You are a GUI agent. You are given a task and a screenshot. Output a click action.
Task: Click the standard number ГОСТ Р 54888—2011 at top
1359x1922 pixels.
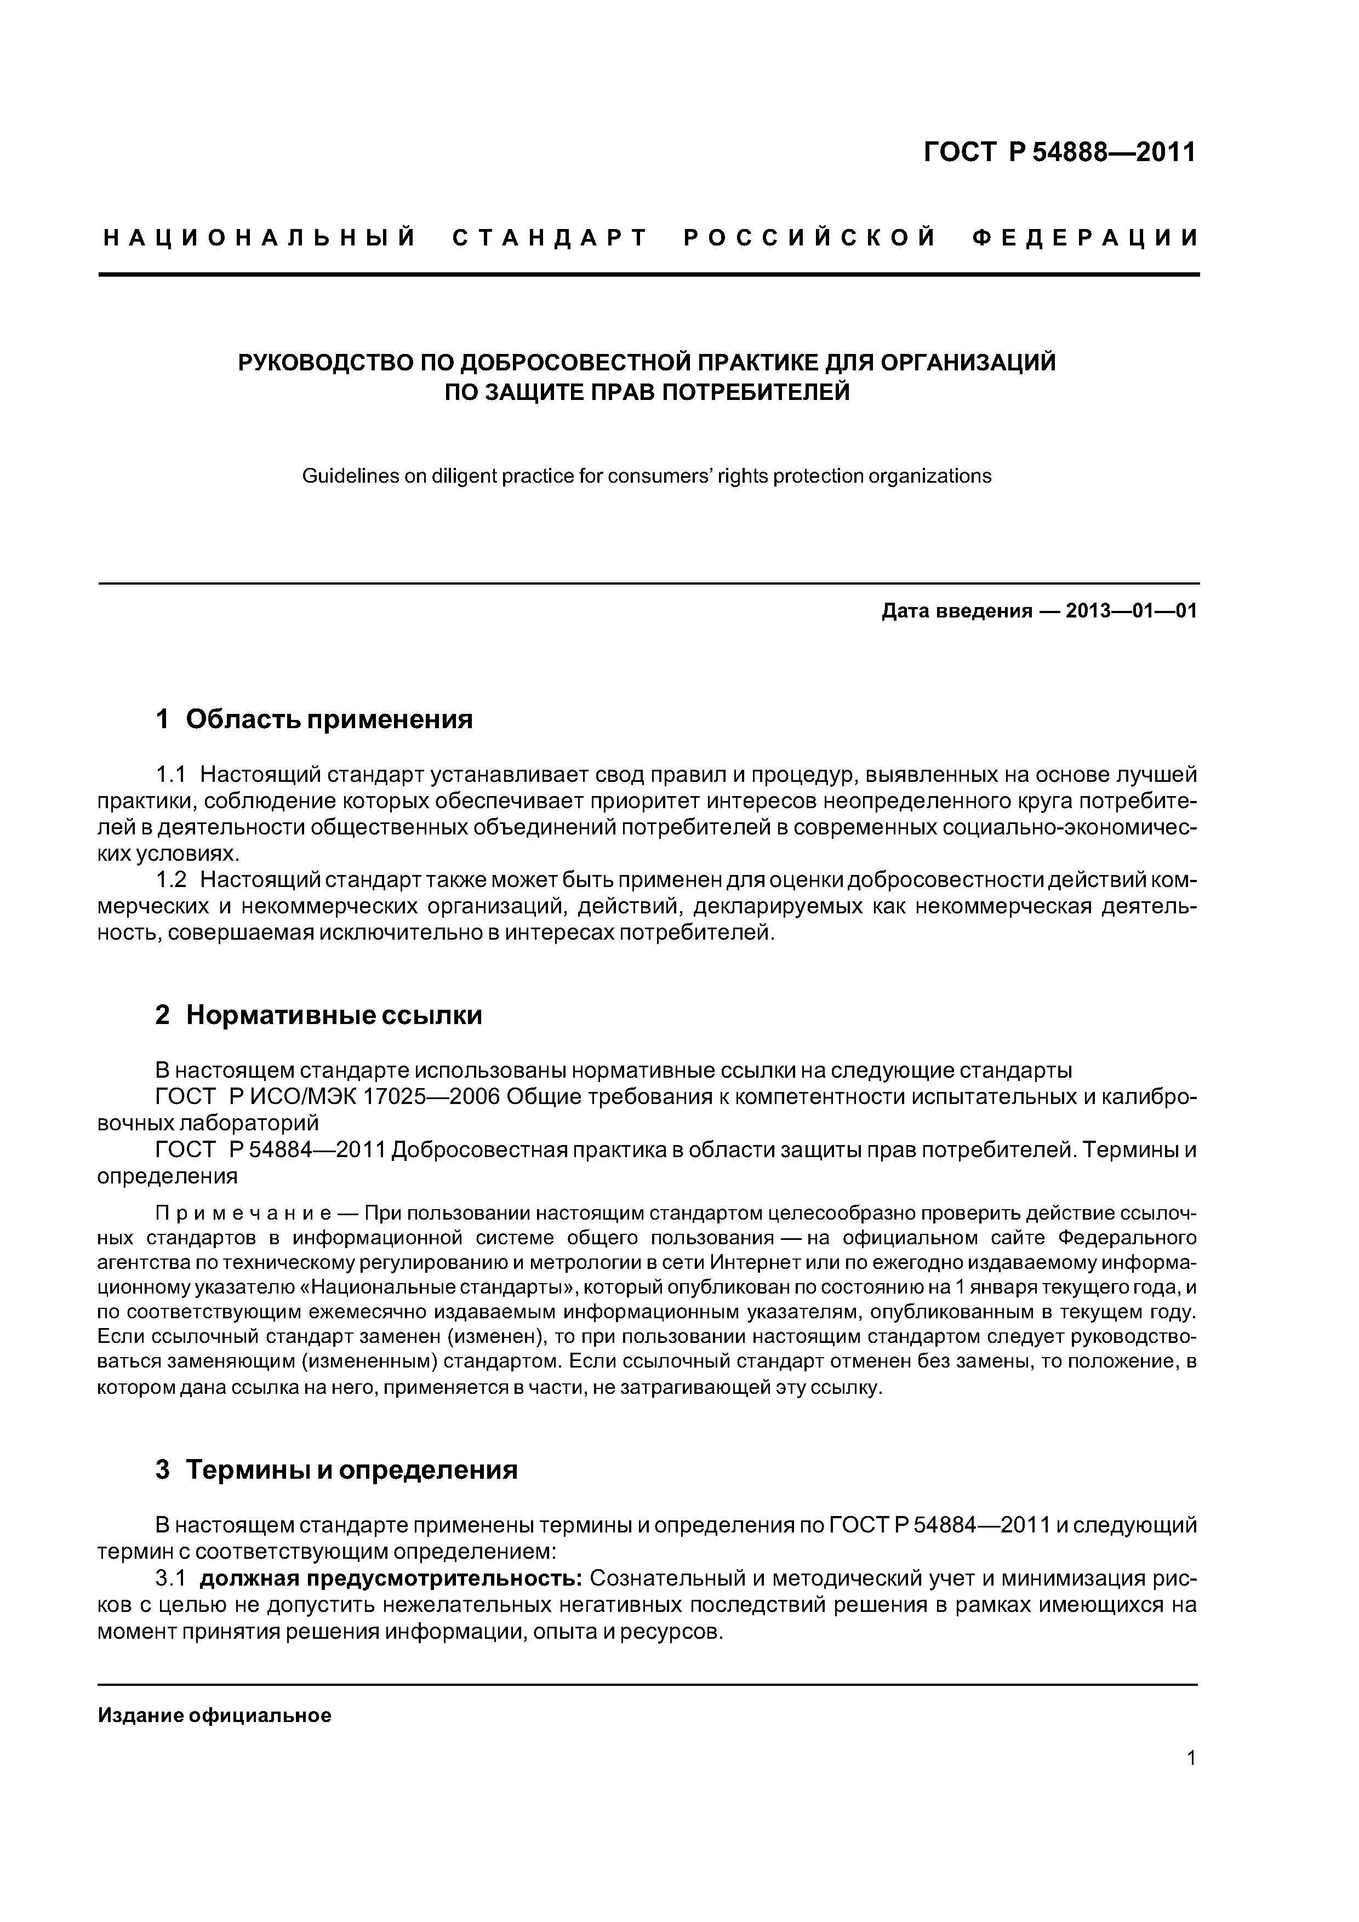[1060, 152]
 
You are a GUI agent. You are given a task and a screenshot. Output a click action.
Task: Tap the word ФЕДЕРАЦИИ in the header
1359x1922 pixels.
[1086, 238]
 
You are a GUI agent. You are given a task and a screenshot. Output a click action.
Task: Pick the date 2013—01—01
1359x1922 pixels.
[1130, 611]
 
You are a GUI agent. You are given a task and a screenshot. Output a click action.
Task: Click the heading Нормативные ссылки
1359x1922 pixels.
[334, 1015]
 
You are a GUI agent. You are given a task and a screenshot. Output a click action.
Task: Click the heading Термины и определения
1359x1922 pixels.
[352, 1469]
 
